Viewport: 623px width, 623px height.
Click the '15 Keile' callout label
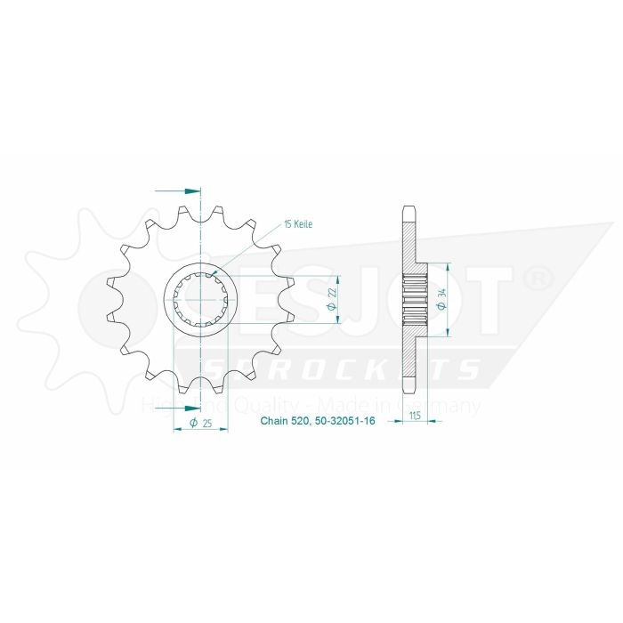point(298,224)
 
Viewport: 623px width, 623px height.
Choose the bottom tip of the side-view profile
point(409,392)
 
